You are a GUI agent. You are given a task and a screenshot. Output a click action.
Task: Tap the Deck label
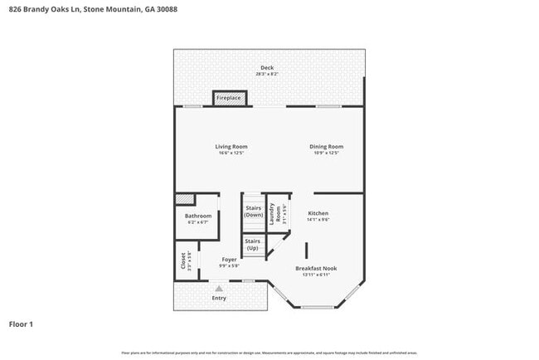click(x=267, y=67)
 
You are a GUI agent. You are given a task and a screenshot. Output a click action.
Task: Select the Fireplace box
click(x=229, y=98)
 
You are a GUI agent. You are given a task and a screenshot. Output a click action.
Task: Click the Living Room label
click(x=232, y=146)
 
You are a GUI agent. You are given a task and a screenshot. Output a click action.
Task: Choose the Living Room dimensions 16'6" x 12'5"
click(x=232, y=153)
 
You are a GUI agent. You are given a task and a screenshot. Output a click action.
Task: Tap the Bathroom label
click(x=198, y=216)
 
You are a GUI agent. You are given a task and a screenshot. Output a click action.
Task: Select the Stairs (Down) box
click(x=254, y=212)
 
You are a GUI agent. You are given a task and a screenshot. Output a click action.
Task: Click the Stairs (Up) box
click(x=253, y=245)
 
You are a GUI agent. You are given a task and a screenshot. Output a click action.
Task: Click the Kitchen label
click(x=318, y=213)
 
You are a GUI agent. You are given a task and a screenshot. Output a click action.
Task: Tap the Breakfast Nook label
click(x=316, y=268)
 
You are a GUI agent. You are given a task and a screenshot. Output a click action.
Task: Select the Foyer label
click(x=229, y=260)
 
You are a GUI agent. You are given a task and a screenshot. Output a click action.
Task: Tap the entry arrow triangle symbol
click(x=219, y=288)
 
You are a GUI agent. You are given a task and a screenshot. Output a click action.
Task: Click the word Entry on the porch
click(x=219, y=298)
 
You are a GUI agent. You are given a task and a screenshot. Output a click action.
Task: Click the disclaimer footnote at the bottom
click(x=269, y=353)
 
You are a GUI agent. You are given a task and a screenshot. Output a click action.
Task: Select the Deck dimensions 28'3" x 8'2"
click(x=267, y=74)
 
